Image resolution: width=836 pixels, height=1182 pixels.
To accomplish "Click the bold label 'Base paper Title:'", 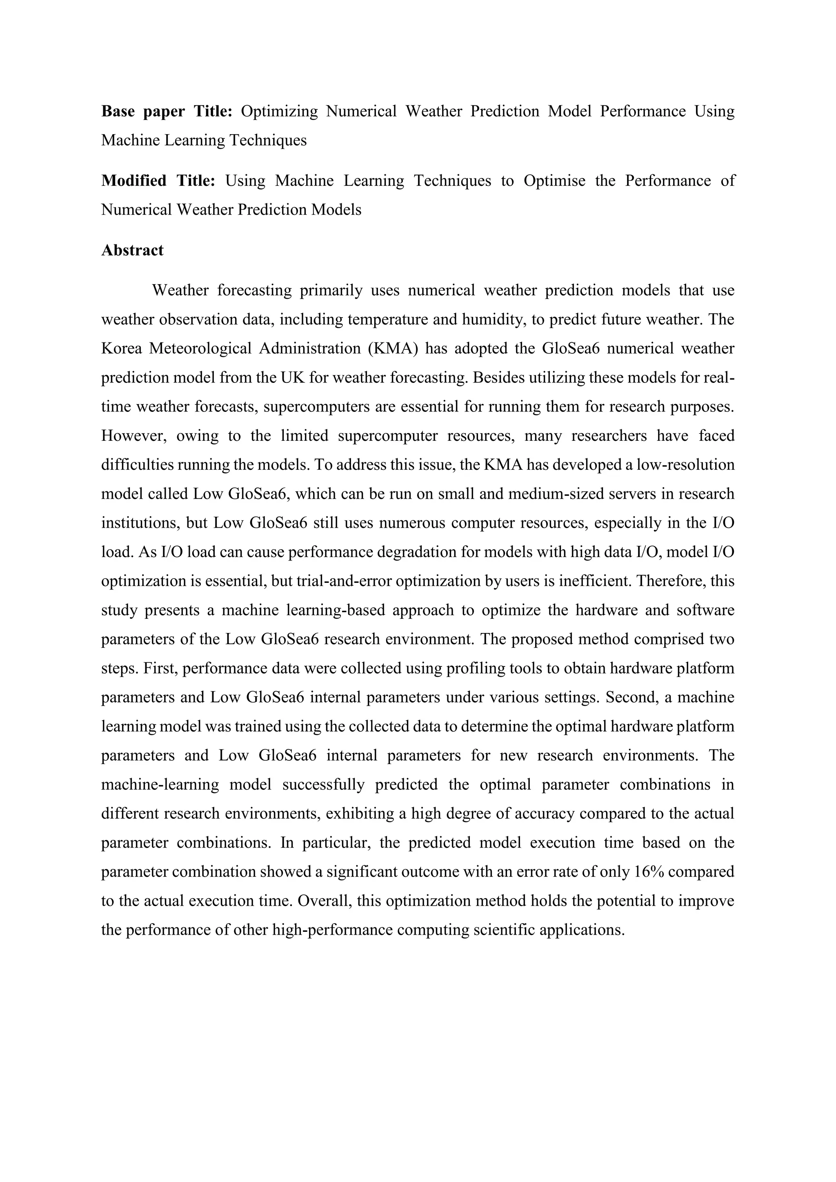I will point(167,111).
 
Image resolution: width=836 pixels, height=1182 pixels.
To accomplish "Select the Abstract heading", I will point(132,250).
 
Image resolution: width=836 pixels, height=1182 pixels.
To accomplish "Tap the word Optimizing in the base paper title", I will point(279,111).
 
